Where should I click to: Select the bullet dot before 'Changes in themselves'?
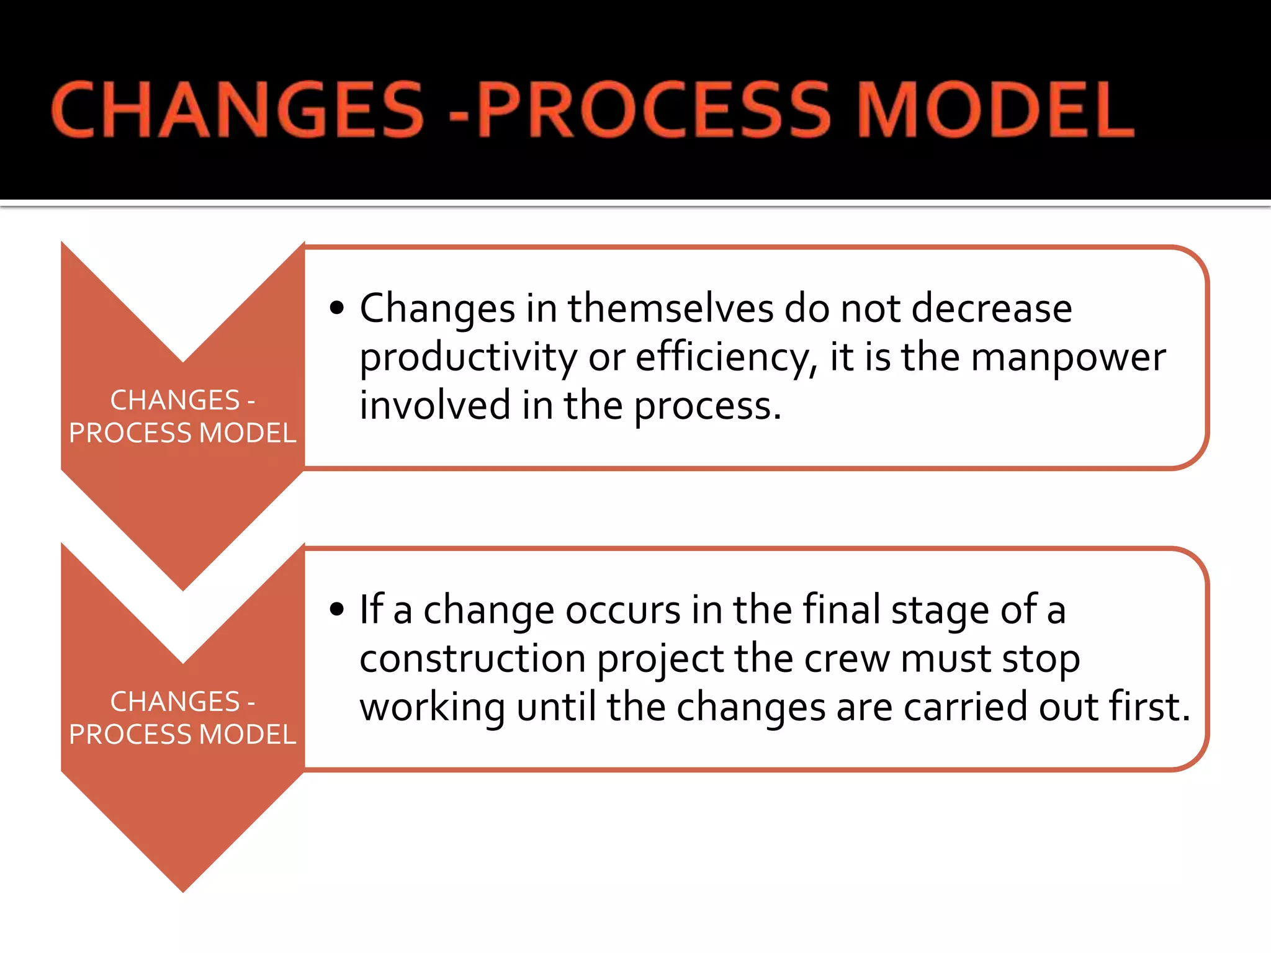point(337,308)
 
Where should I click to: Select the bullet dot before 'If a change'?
point(337,609)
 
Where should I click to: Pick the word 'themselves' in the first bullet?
point(670,308)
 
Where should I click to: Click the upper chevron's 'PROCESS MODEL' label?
point(182,433)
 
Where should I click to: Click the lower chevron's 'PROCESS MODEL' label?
point(182,735)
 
